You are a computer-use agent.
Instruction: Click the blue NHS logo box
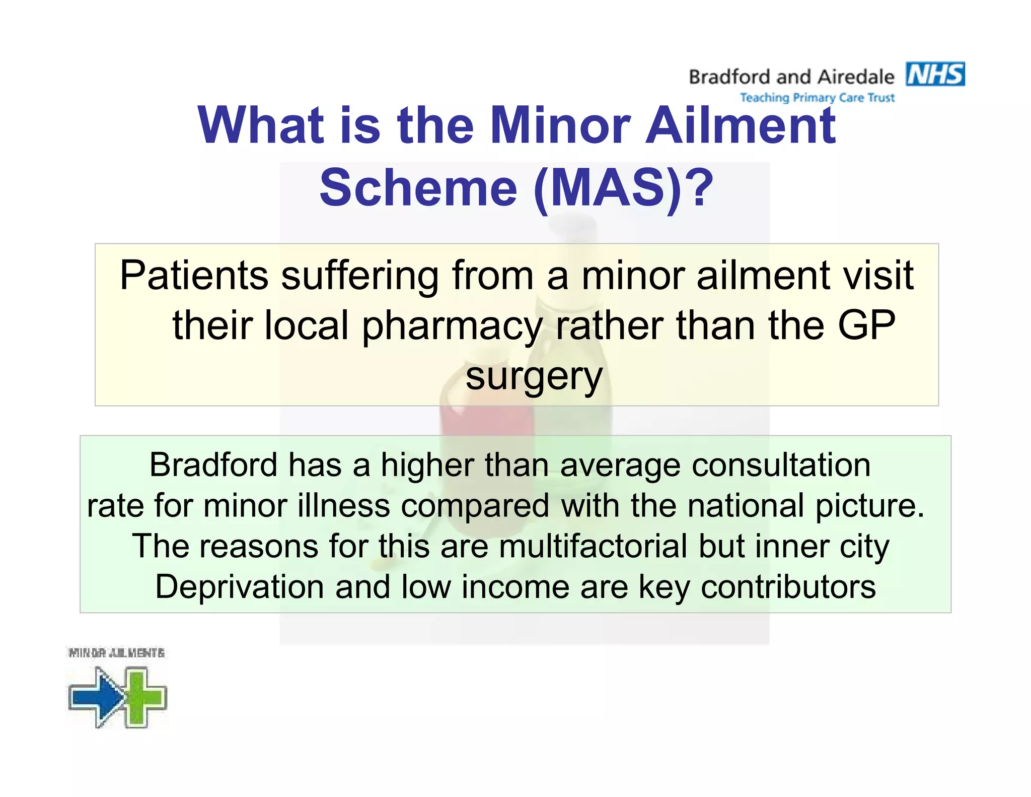pos(935,75)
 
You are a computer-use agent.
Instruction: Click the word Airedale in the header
pos(856,77)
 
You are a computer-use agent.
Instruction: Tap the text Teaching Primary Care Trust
pos(817,98)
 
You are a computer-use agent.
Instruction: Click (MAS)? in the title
pos(623,188)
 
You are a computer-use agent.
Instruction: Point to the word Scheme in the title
pos(418,188)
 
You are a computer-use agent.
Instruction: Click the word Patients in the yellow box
pos(194,276)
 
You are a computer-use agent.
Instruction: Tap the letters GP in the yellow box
pos(866,325)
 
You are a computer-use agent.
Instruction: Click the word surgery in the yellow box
pos(534,377)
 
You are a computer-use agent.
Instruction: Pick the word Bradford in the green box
pos(213,464)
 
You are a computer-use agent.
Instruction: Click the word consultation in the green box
pos(781,464)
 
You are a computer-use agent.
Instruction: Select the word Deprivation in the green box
pos(239,587)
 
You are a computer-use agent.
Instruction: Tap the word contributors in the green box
pos(788,587)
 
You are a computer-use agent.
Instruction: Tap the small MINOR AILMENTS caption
pos(116,653)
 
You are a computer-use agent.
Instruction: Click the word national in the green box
pos(746,505)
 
